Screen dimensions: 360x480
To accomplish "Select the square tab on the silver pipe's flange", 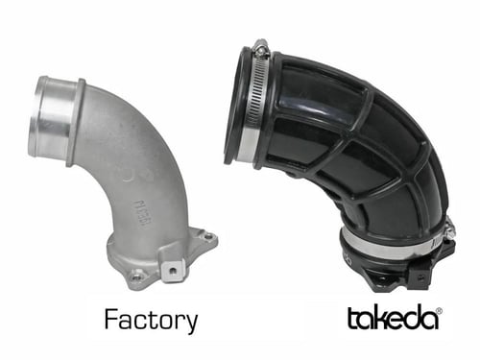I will point(172,268).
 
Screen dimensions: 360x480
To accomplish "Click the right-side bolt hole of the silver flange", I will point(205,237).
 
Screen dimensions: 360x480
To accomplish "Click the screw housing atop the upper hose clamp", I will point(260,47).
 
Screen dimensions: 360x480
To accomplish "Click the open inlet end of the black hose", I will point(235,106).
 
